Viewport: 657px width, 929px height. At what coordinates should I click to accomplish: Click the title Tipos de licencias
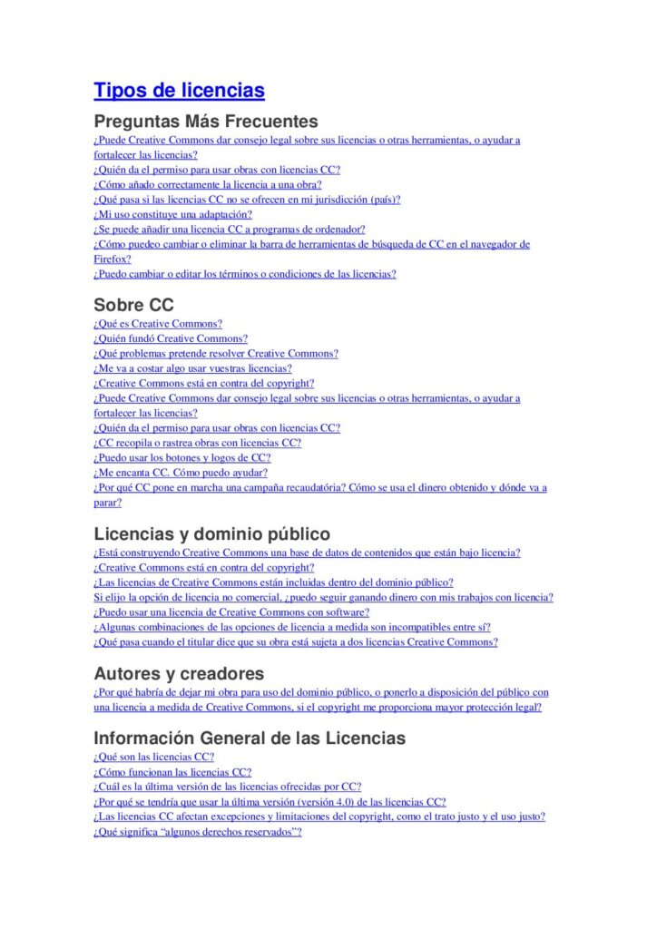[179, 91]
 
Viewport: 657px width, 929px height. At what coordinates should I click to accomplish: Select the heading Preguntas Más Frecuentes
[206, 121]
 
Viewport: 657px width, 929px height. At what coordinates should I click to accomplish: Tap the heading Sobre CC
[133, 305]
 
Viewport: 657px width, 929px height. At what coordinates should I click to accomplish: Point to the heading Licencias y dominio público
[211, 533]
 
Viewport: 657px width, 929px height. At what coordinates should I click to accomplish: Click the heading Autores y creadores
[179, 673]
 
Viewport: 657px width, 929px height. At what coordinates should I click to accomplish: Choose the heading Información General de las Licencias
[250, 738]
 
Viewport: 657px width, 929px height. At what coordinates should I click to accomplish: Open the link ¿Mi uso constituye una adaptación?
[172, 215]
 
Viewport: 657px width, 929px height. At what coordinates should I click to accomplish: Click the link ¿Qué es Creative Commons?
[158, 324]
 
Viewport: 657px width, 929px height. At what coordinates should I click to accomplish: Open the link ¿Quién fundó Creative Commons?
[171, 338]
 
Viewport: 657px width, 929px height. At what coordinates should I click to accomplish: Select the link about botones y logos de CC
[182, 458]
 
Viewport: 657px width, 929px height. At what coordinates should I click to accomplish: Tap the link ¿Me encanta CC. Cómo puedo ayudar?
[181, 473]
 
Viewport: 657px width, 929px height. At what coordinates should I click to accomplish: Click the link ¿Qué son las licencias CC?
[153, 757]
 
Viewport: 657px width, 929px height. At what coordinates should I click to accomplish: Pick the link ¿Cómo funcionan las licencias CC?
[172, 772]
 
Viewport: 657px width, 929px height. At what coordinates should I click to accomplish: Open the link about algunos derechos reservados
[197, 832]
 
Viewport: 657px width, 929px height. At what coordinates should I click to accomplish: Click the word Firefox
[112, 259]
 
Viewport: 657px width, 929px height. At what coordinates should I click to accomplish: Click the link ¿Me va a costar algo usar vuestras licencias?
[192, 368]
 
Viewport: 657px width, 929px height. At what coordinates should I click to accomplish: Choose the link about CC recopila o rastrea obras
[197, 443]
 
